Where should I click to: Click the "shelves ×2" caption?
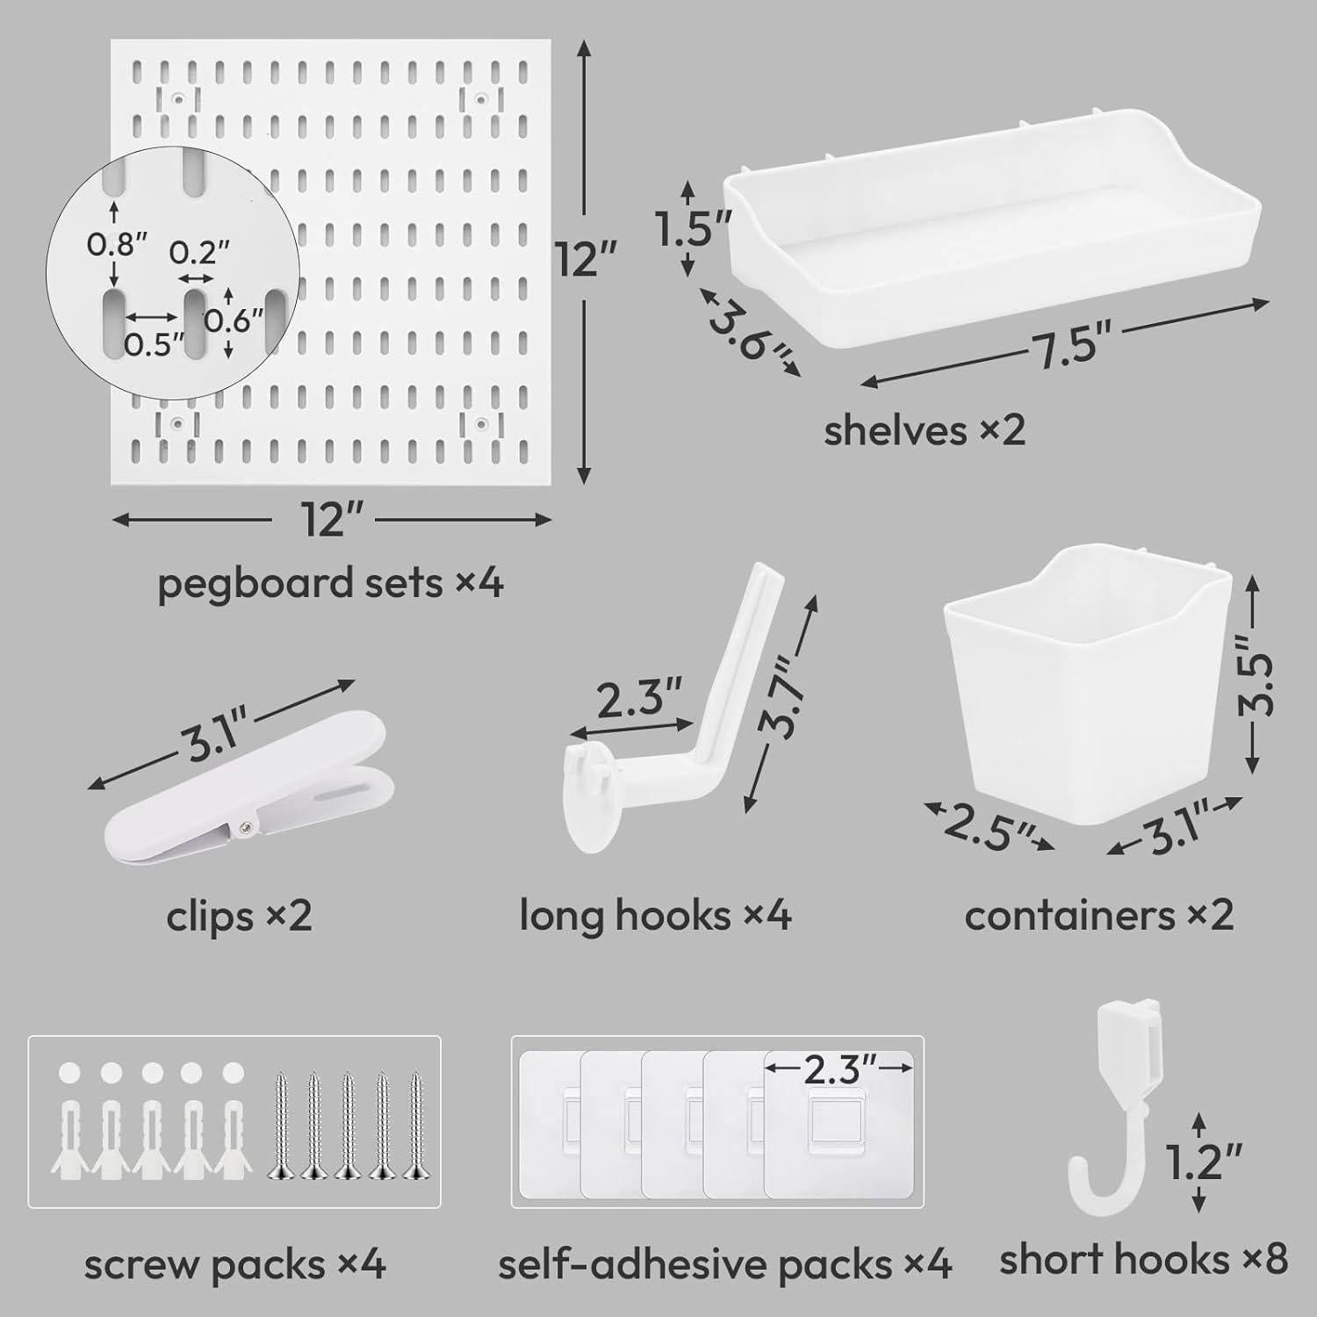point(925,431)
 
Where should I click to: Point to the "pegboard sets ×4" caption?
point(330,583)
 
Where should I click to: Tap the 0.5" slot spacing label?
point(154,344)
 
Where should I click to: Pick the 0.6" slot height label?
point(234,320)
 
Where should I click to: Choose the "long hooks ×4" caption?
point(655,916)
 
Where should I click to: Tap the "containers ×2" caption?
point(1098,916)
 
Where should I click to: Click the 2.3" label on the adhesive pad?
point(838,1069)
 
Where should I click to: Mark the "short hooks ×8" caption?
point(1143,1260)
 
